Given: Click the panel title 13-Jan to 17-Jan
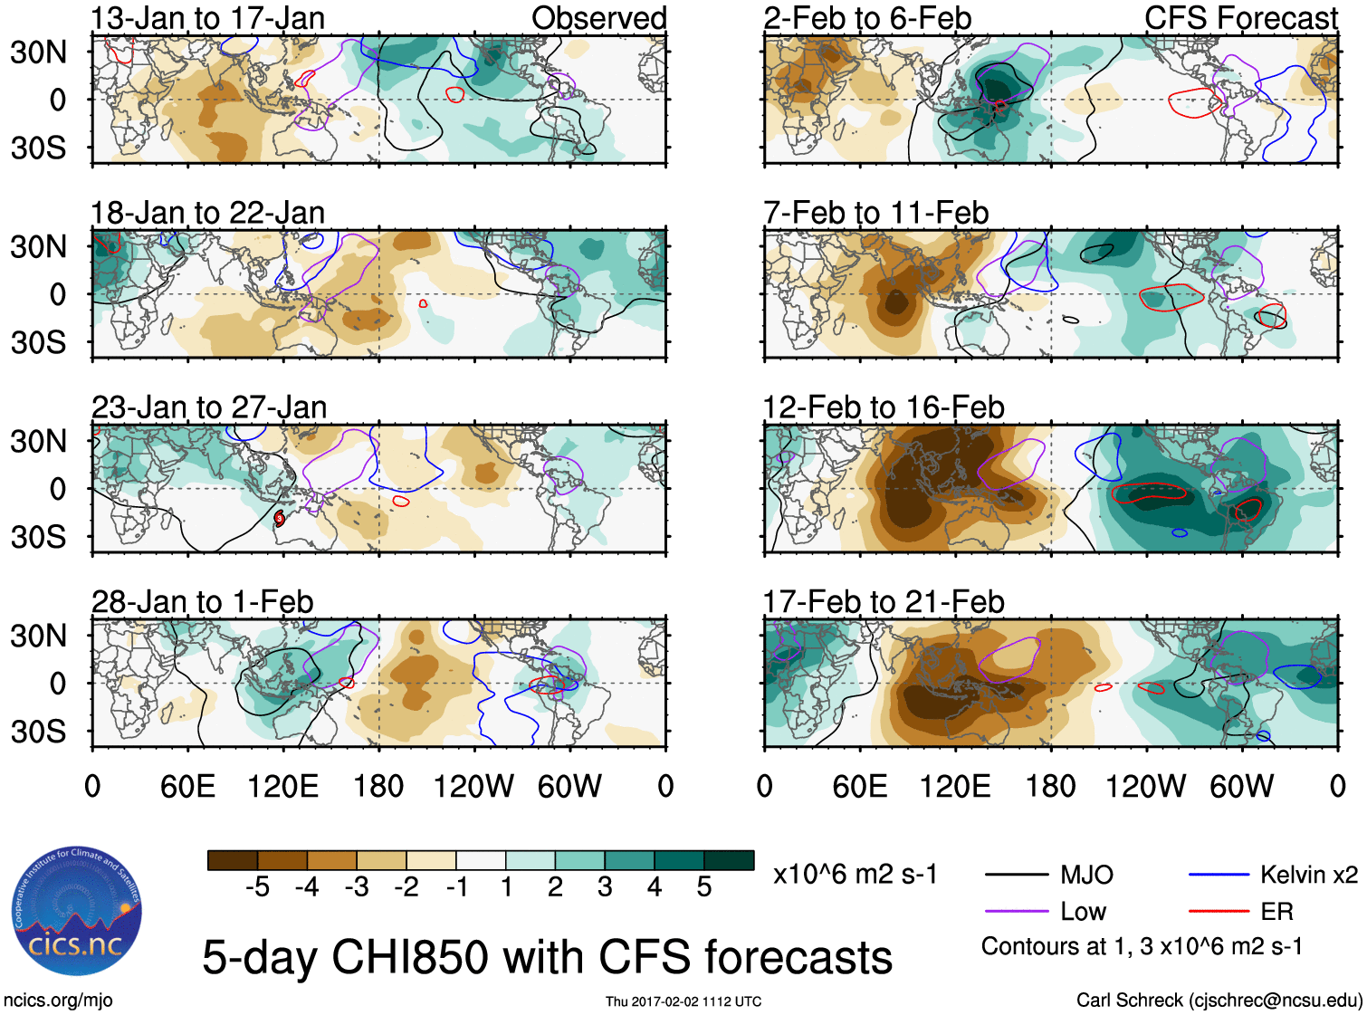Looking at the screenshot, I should [x=207, y=18].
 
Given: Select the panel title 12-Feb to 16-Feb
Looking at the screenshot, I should [x=884, y=407].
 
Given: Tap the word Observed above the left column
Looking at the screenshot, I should [x=598, y=18].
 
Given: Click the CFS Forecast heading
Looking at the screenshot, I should [x=1240, y=18].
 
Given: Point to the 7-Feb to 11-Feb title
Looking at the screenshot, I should [x=875, y=213].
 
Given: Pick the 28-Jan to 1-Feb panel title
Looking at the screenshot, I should [x=202, y=602].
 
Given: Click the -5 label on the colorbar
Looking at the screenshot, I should [x=257, y=887].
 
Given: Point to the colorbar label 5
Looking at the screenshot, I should [x=704, y=887].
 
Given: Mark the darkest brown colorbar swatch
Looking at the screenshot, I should [x=233, y=860].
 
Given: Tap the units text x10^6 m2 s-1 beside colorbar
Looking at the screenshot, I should [x=855, y=875].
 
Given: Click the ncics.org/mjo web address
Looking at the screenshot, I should [x=58, y=1001].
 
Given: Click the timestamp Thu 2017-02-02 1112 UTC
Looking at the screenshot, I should [x=683, y=1001].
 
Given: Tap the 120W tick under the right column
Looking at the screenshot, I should [x=1145, y=786].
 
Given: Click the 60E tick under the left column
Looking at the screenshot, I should [x=187, y=786].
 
